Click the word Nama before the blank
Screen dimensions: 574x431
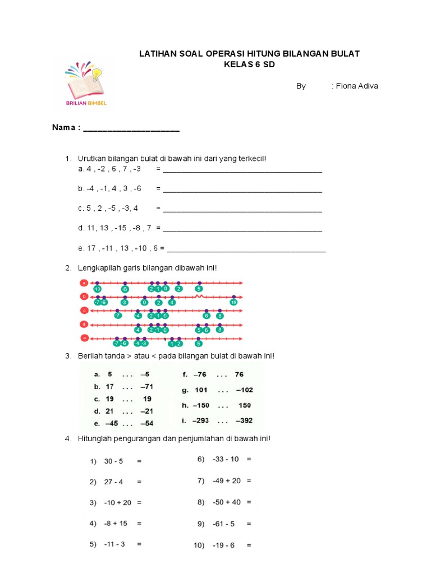click(63, 128)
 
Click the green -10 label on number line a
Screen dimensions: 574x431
click(97, 289)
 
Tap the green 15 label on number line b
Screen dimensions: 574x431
click(233, 302)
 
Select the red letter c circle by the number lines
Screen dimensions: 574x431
click(84, 310)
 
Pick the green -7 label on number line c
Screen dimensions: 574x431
click(117, 316)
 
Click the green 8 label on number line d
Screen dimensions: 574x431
click(220, 330)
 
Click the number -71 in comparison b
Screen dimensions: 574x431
click(145, 387)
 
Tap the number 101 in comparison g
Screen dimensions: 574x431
click(201, 390)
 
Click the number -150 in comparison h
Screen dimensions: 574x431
click(201, 405)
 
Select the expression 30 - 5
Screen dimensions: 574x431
click(113, 461)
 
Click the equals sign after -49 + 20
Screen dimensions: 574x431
click(249, 480)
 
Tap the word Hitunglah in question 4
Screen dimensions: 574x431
click(95, 438)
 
